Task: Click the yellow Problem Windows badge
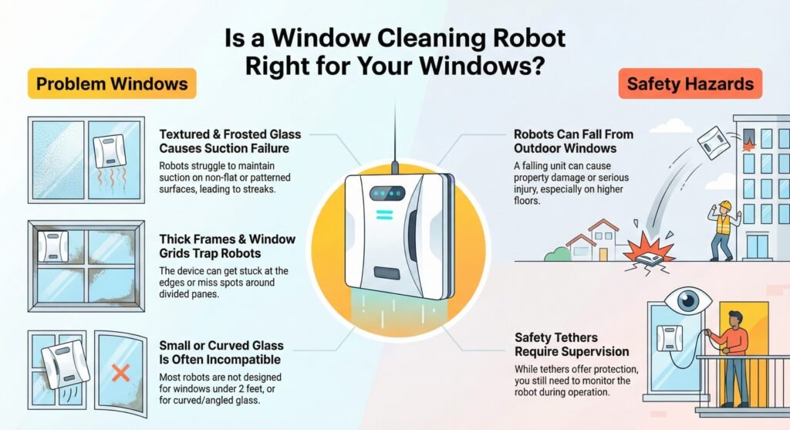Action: pos(112,83)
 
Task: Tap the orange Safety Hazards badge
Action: pos(690,84)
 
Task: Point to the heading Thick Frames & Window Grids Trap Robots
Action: pos(227,245)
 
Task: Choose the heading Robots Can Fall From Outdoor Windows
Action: pos(573,140)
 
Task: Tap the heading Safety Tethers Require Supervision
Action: pos(572,344)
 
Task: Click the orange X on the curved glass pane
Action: pos(120,374)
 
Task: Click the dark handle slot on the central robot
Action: pos(393,273)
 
